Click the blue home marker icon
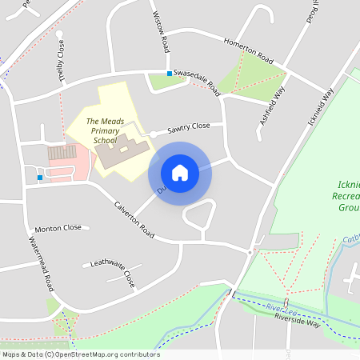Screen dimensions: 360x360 click(180, 173)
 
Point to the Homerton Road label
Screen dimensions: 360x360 click(249, 50)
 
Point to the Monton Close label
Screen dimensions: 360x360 click(58, 228)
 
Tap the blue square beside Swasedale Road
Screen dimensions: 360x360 click(170, 74)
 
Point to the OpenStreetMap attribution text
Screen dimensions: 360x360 click(81, 354)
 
